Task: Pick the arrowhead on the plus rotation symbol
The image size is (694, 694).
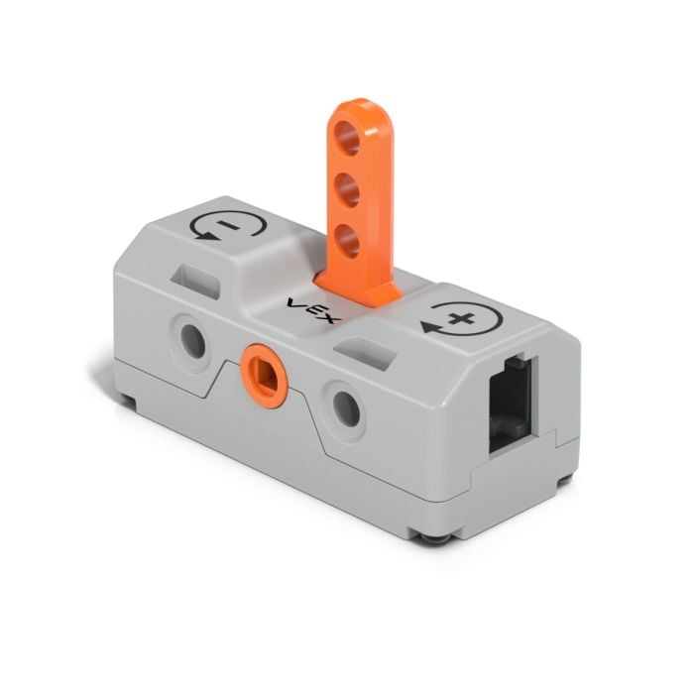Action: coord(429,324)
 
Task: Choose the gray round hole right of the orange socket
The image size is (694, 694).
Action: coord(346,404)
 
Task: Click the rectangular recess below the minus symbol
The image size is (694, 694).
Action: coord(202,277)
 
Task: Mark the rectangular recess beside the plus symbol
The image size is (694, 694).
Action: coord(370,346)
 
